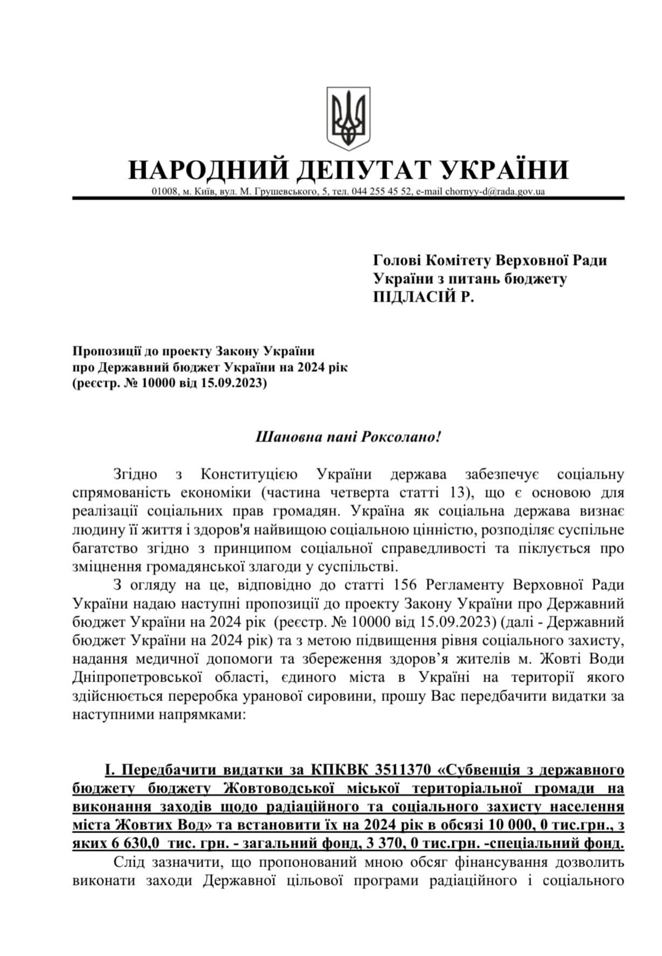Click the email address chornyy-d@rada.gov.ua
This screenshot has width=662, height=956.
[x=494, y=191]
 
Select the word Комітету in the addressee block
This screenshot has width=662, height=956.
[x=456, y=260]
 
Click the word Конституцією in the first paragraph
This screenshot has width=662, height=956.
[x=249, y=474]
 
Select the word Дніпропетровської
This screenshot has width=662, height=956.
[x=137, y=677]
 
